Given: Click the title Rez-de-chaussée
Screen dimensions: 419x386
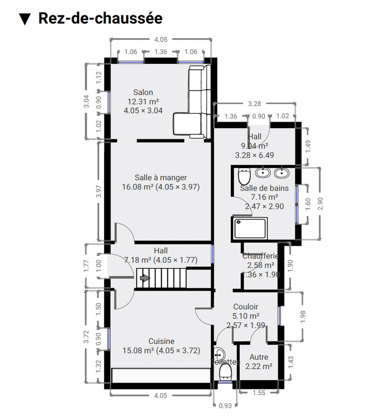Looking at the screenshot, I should tap(100, 18).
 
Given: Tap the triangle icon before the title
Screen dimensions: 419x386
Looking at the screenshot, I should tap(25, 19).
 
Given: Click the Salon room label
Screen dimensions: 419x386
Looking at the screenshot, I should tap(143, 92).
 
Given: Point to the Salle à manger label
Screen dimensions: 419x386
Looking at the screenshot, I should tap(160, 177).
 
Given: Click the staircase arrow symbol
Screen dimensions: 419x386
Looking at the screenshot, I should tap(145, 278).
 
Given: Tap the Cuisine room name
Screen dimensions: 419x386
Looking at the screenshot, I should tap(161, 341).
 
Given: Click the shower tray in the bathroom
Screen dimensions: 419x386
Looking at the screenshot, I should tap(250, 229).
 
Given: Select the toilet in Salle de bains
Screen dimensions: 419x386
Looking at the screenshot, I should tap(243, 176).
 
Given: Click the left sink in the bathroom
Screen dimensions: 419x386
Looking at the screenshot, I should tap(263, 173).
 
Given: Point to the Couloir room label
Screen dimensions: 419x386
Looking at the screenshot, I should tap(246, 307).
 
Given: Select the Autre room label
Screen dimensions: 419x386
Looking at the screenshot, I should tap(259, 357).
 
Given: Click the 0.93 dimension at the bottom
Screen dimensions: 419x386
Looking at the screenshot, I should tap(225, 405).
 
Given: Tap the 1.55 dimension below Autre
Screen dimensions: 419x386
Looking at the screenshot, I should tap(259, 393).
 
